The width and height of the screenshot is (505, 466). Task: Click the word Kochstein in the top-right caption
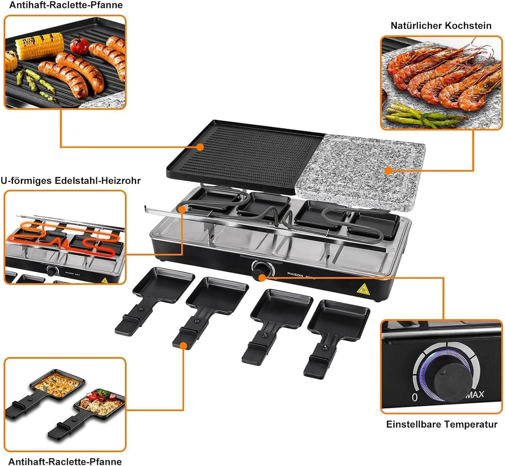coord(468,26)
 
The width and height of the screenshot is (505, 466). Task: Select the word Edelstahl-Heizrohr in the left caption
coord(98,181)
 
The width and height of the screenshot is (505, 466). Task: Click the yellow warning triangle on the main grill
coord(363,290)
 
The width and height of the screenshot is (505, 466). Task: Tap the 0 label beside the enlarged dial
coord(414,397)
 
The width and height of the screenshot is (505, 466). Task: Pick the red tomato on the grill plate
coord(79,46)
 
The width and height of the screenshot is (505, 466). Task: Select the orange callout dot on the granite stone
coord(389,171)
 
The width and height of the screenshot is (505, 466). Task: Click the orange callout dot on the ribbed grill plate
coord(200,147)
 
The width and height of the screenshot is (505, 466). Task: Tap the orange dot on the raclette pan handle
coord(183,346)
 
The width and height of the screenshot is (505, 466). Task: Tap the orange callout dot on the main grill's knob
coord(262,278)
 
